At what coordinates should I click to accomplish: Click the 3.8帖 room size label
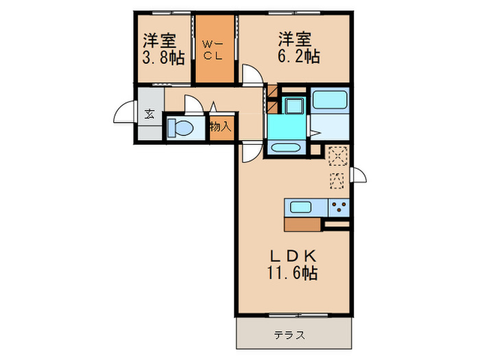[x=163, y=58]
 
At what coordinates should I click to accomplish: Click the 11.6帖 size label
[x=292, y=273]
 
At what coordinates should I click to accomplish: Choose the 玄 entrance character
[x=149, y=115]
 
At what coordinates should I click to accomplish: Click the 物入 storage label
[x=219, y=127]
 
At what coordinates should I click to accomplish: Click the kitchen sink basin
[x=302, y=206]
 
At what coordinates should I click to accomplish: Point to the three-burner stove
[x=339, y=206]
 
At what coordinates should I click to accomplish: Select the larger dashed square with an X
[x=337, y=157]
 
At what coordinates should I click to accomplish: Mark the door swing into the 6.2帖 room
[x=252, y=74]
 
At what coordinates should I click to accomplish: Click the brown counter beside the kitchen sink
[x=302, y=224]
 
